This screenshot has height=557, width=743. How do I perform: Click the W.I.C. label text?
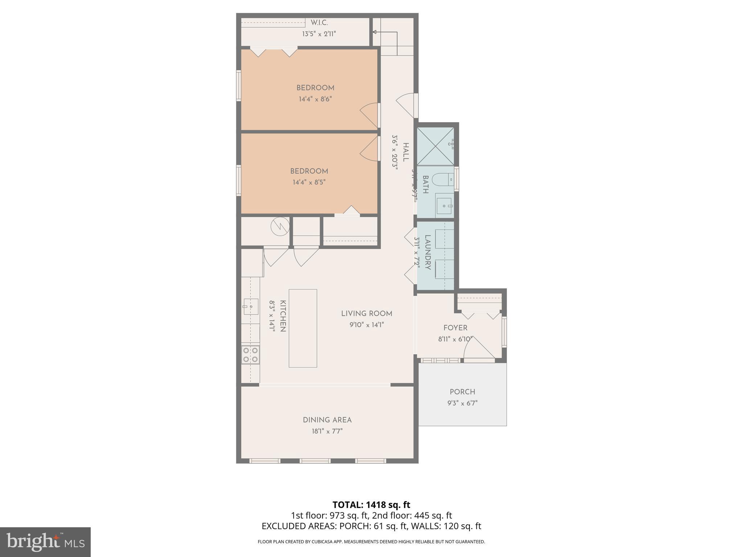(x=319, y=23)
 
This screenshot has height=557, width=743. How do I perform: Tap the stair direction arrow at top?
(x=375, y=32)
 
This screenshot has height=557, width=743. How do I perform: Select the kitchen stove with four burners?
(x=250, y=355)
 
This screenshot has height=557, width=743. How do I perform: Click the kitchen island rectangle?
(x=303, y=328)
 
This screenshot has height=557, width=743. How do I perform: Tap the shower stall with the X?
(x=435, y=146)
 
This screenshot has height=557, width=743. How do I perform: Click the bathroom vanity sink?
(x=444, y=206)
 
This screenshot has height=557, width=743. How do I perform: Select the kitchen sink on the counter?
(x=250, y=306)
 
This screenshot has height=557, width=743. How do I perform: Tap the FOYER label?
(x=455, y=328)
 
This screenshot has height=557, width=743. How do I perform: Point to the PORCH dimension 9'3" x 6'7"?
(x=462, y=403)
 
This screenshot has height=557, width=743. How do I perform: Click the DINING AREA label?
(x=327, y=420)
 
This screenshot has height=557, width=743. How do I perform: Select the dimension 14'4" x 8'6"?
(x=315, y=99)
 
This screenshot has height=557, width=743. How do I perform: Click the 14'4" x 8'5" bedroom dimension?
(x=309, y=182)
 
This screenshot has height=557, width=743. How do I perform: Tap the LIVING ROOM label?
(x=366, y=314)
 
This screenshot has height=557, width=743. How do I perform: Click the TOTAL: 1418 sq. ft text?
(x=371, y=505)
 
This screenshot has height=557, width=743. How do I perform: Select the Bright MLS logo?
(x=45, y=542)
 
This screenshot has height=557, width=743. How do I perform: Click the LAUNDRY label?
(x=428, y=252)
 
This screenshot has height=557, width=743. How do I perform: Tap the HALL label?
(x=406, y=152)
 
